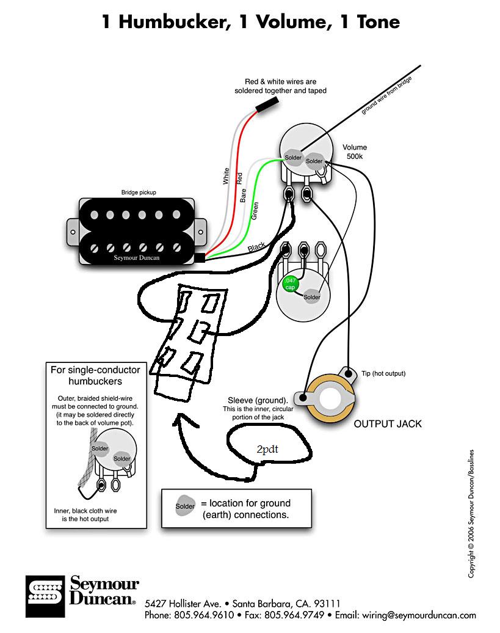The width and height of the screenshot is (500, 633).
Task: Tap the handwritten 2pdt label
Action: pyautogui.click(x=267, y=448)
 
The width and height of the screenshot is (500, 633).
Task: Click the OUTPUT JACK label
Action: pyautogui.click(x=388, y=423)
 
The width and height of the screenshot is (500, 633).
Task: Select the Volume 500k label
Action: pyautogui.click(x=354, y=152)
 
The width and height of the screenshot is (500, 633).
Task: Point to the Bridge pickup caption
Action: pyautogui.click(x=138, y=192)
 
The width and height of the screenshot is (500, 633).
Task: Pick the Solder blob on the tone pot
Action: pyautogui.click(x=311, y=297)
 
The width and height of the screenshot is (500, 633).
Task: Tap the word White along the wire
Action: pyautogui.click(x=226, y=177)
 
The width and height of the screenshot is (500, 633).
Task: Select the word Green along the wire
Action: pyautogui.click(x=255, y=211)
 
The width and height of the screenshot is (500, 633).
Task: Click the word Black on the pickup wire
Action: pyautogui.click(x=256, y=247)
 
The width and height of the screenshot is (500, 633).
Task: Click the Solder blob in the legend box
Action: pyautogui.click(x=185, y=507)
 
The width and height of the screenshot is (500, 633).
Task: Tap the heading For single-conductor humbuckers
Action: pyautogui.click(x=95, y=375)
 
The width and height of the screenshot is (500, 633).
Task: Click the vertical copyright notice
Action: pyautogui.click(x=471, y=513)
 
